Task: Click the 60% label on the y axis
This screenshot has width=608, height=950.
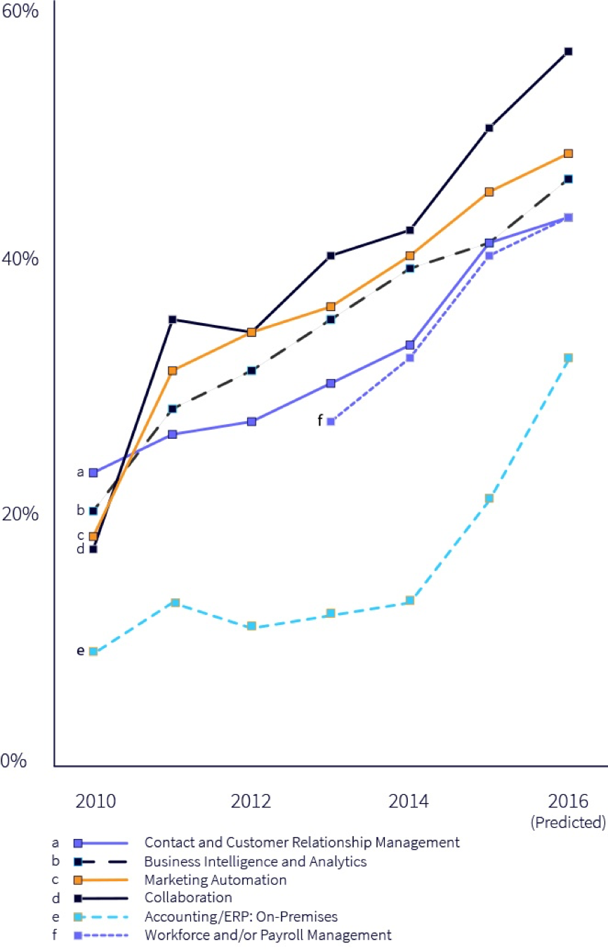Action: coord(20,13)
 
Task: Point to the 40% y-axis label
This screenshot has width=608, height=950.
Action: coord(20,258)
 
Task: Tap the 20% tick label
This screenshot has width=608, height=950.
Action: coord(20,514)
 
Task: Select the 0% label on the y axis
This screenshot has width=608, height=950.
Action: coord(15,760)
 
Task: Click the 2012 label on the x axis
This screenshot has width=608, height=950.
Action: coord(251,801)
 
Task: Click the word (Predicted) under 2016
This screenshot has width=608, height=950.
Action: coord(568,822)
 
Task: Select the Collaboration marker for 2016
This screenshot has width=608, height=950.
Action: coord(569,51)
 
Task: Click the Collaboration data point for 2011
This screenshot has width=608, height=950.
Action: coord(173,319)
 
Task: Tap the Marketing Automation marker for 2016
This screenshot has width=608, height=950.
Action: coord(569,153)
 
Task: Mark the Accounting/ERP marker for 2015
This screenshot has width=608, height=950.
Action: coord(489,498)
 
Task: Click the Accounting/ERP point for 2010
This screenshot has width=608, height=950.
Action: coord(93,652)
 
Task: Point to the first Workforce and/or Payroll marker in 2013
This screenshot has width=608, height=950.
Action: coord(331,421)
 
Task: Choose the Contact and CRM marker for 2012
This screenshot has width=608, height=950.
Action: coord(252,421)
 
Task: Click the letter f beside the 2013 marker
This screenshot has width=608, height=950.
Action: coord(320,421)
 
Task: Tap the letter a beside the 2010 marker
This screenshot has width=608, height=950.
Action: coord(80,472)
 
